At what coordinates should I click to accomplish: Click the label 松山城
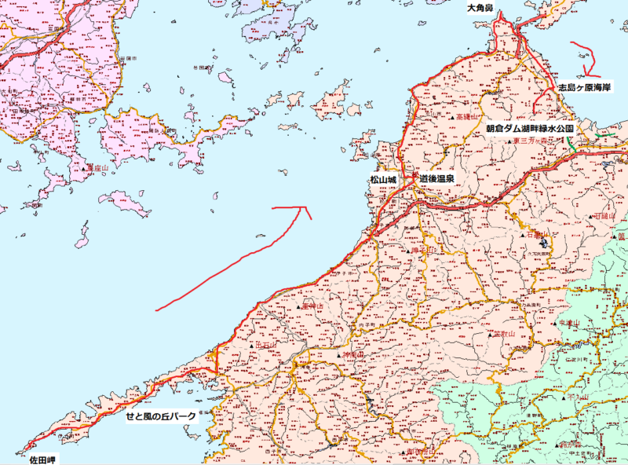pos(383,180)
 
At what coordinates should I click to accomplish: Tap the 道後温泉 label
pos(437,180)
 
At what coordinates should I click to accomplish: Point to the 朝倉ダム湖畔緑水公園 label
pos(531,127)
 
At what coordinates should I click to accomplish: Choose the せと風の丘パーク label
pos(161,416)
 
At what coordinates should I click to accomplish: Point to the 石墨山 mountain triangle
pos(526,235)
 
